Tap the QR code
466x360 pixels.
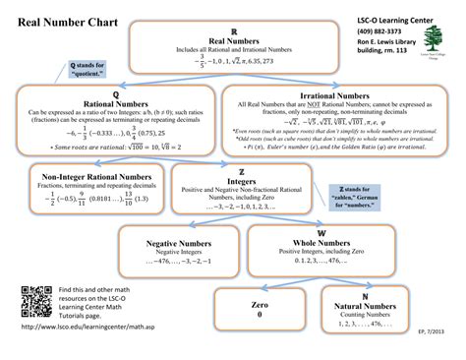click(35, 298)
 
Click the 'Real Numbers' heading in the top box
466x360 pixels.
click(232, 39)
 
